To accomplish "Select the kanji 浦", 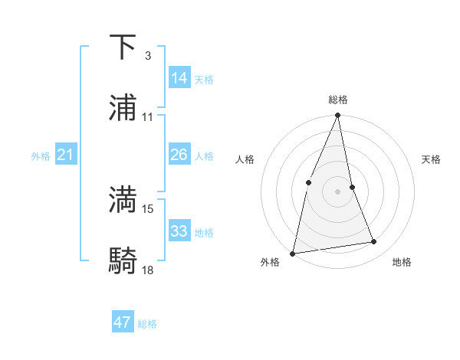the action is (123, 108).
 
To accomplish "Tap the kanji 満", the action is (123, 200).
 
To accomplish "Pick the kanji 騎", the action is (123, 261).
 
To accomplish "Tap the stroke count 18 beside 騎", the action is (148, 270).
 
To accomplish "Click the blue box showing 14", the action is (179, 77).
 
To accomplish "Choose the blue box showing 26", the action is (179, 155).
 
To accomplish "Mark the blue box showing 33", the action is (179, 231).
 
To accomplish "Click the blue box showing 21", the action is (65, 155).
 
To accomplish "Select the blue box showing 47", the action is (123, 322).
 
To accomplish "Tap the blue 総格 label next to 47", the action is (147, 324).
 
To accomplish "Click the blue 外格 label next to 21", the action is (41, 156).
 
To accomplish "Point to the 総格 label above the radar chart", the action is (338, 100).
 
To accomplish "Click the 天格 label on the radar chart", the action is (431, 159).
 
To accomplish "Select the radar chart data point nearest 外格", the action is (293, 253).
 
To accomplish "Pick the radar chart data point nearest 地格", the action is (374, 242).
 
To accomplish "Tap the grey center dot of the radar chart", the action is (337, 191).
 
